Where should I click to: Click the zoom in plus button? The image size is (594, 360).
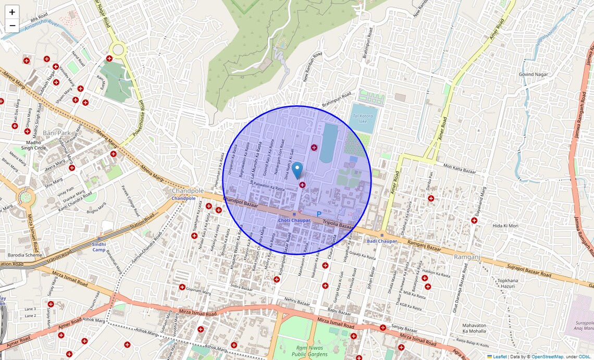12,12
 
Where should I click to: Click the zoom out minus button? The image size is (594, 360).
12,26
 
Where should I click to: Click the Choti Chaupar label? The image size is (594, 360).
294,220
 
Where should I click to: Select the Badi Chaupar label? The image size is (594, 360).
381,241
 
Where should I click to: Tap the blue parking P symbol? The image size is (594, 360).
319,214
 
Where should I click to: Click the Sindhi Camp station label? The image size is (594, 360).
99,246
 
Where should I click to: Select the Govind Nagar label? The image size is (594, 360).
533,75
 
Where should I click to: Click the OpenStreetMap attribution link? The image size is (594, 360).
547,357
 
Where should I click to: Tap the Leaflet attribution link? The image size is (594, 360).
500,357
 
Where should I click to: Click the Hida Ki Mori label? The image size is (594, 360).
505,226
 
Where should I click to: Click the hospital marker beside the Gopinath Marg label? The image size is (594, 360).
182,287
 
